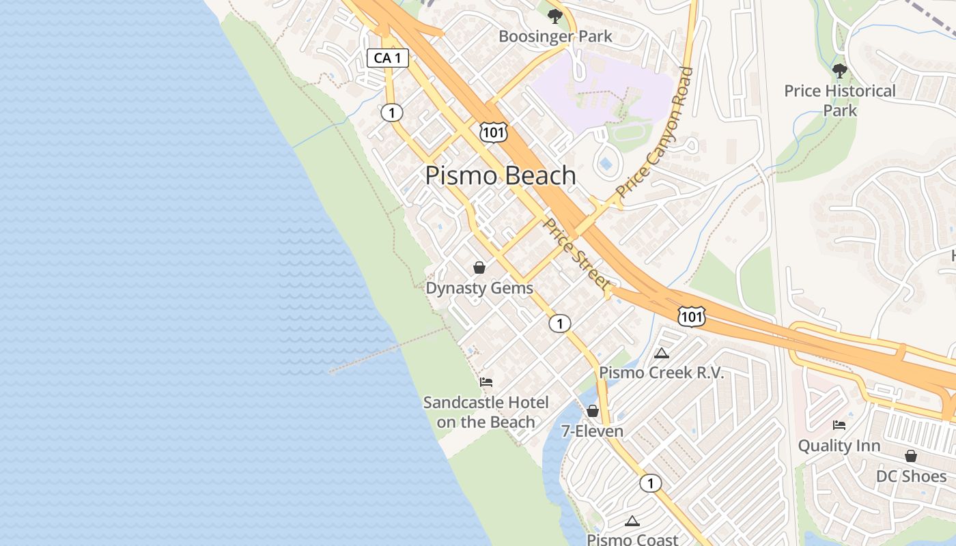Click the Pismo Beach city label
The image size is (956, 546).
[501, 175]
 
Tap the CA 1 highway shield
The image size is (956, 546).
[388, 58]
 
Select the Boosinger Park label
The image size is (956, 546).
[555, 36]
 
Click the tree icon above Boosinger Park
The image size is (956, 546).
[554, 15]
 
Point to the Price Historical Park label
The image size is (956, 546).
[839, 100]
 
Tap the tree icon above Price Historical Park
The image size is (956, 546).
[840, 70]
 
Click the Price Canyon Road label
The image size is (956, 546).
[654, 132]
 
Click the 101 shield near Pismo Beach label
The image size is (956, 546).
[493, 132]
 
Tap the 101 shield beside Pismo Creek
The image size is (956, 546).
[691, 316]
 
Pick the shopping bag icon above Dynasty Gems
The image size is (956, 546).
[479, 268]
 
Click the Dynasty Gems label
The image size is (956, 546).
[479, 288]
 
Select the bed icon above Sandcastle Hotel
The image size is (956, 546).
[486, 382]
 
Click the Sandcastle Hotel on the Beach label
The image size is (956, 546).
[486, 412]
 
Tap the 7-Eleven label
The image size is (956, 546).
[592, 431]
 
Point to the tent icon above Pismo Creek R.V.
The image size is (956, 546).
[660, 353]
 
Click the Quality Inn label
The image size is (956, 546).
[839, 446]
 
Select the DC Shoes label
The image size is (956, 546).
[911, 476]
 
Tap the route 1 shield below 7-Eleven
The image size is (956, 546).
[650, 483]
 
